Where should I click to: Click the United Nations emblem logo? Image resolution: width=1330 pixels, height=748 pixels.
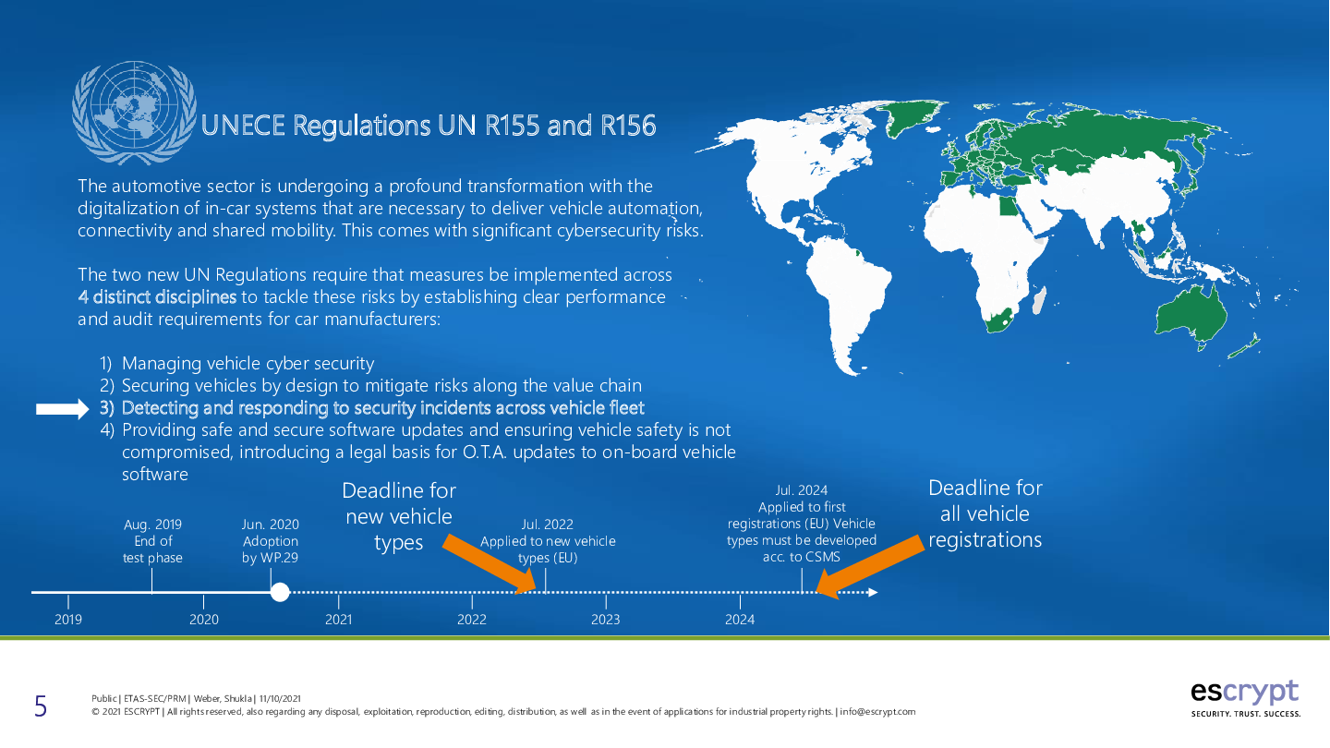[134, 113]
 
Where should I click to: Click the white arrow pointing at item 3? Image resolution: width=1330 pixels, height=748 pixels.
[63, 408]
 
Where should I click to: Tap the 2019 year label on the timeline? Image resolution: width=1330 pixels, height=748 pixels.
[68, 620]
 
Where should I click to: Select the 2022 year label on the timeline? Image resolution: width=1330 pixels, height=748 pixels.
[471, 620]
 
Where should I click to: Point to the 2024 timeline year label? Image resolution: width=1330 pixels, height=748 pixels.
[740, 620]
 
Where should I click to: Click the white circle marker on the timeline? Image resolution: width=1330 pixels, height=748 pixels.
[280, 592]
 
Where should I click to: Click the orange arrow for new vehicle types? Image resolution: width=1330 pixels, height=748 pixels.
[490, 564]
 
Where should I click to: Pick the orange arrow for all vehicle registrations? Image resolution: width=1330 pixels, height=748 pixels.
[870, 567]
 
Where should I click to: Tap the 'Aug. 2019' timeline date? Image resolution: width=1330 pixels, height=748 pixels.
[152, 525]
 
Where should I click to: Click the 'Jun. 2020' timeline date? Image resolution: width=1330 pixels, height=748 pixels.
[270, 525]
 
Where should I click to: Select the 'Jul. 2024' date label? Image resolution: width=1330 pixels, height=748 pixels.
[801, 490]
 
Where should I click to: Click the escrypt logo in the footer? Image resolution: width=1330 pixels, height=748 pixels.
[1245, 698]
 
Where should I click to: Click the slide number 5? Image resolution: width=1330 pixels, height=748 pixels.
[41, 706]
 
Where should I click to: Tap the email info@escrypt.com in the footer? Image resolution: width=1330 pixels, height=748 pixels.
[877, 712]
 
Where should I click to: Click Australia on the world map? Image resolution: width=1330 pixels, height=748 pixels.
[1191, 316]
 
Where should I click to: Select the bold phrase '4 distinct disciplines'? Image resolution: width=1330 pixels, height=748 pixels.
[157, 296]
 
